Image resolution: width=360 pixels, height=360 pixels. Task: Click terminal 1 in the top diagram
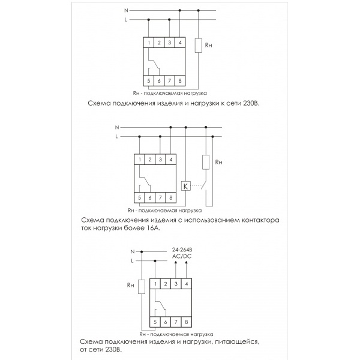(149, 42)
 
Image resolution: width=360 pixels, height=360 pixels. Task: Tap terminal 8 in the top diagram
(180, 81)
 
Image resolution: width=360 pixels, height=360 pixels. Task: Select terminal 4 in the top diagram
(180, 42)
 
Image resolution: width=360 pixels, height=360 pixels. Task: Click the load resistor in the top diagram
(199, 46)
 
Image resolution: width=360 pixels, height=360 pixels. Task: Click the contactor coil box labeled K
(186, 185)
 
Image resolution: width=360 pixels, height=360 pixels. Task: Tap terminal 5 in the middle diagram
(140, 197)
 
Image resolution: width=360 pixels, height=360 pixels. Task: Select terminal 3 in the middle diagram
(160, 160)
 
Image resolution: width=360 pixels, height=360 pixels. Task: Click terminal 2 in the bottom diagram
(166, 283)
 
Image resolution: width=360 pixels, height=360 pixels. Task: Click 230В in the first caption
(252, 103)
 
